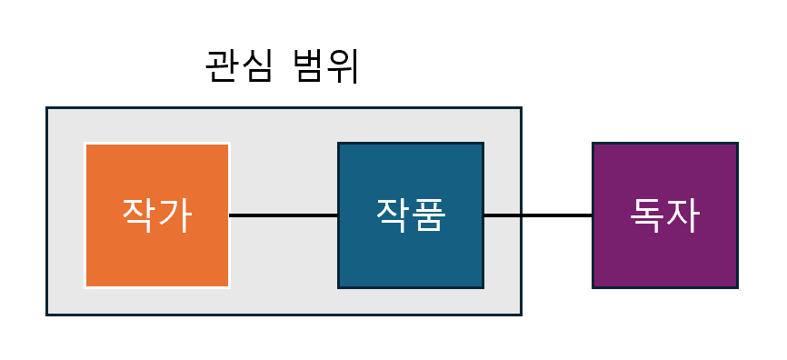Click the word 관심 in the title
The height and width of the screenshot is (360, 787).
[x=239, y=67]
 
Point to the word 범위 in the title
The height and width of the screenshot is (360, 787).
[x=325, y=67]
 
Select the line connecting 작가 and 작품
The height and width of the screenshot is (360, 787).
[x=284, y=215]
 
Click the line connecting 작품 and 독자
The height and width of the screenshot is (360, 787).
[x=537, y=215]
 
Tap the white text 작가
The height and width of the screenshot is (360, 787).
[x=156, y=215]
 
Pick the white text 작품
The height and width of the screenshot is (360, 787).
[x=411, y=215]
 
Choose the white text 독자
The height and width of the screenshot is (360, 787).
[x=664, y=215]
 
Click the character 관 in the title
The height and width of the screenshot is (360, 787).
[x=222, y=67]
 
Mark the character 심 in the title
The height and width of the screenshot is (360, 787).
[x=256, y=67]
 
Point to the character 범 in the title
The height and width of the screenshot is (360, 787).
[x=308, y=67]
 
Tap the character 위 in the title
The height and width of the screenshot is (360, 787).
[x=343, y=67]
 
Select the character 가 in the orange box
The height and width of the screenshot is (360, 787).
[x=174, y=215]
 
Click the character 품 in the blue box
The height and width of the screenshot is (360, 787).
[x=428, y=215]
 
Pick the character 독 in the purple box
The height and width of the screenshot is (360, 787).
[x=647, y=215]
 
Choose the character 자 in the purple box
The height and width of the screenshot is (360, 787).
[x=682, y=215]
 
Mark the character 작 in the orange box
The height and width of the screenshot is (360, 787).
[x=139, y=215]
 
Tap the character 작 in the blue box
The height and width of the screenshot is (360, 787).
[x=393, y=215]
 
